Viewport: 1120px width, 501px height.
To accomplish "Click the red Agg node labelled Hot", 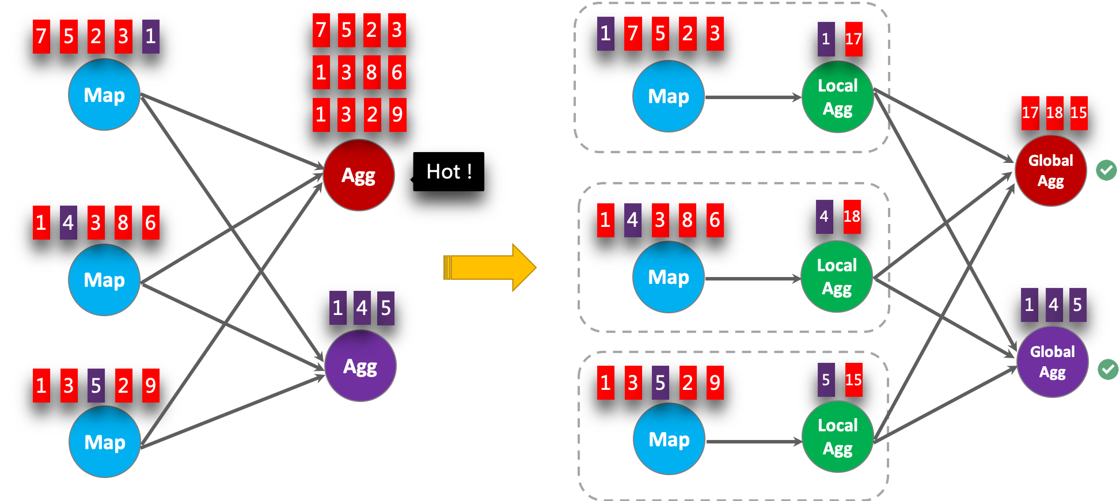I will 359,175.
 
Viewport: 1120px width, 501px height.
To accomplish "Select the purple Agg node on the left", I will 360,366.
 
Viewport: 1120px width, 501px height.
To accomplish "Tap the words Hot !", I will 449,172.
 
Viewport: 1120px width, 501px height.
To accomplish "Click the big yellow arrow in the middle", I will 489,267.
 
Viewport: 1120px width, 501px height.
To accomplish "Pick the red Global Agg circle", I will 1050,170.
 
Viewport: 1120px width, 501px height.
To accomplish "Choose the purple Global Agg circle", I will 1052,362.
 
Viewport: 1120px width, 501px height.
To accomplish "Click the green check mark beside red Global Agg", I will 1106,170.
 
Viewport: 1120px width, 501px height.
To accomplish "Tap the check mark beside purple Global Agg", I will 1108,369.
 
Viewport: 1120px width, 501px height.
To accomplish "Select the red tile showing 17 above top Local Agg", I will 853,39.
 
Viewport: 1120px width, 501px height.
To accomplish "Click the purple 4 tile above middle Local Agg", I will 825,217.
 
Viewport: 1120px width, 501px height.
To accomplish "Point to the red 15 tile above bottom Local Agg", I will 853,380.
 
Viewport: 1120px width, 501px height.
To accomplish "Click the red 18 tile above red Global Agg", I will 1054,112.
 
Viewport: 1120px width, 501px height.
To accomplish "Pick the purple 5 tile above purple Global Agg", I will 1077,305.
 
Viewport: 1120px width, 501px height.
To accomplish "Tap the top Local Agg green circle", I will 838,97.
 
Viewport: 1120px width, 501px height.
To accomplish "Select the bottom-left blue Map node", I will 105,442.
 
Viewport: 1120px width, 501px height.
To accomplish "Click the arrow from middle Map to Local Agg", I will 751,279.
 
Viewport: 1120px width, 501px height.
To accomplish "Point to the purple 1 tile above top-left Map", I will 151,36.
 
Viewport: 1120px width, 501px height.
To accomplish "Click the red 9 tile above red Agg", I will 397,115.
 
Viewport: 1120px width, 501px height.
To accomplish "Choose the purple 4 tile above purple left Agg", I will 362,308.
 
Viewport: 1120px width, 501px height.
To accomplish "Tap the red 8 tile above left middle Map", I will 123,222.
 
